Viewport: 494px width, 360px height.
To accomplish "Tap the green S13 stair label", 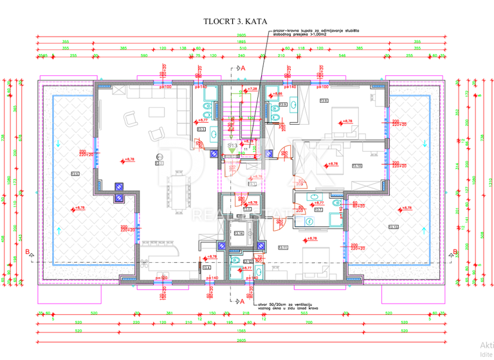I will click(233, 146).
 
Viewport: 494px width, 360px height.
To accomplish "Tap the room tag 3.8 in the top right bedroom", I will click(324, 101).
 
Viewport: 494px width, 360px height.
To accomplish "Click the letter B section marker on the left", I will click(27, 251).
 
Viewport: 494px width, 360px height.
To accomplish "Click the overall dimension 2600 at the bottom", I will click(241, 339).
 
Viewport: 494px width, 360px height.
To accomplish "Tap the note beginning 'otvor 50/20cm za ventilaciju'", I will click(287, 307).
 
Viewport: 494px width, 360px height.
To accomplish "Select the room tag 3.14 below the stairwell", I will click(239, 233).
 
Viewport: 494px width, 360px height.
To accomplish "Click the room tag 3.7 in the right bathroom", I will click(318, 209).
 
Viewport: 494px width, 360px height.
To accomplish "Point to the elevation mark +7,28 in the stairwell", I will click(252, 89).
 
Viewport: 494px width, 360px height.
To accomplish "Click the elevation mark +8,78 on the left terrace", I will click(79, 208).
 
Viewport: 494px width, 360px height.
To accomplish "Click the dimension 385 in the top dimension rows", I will click(123, 48).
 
